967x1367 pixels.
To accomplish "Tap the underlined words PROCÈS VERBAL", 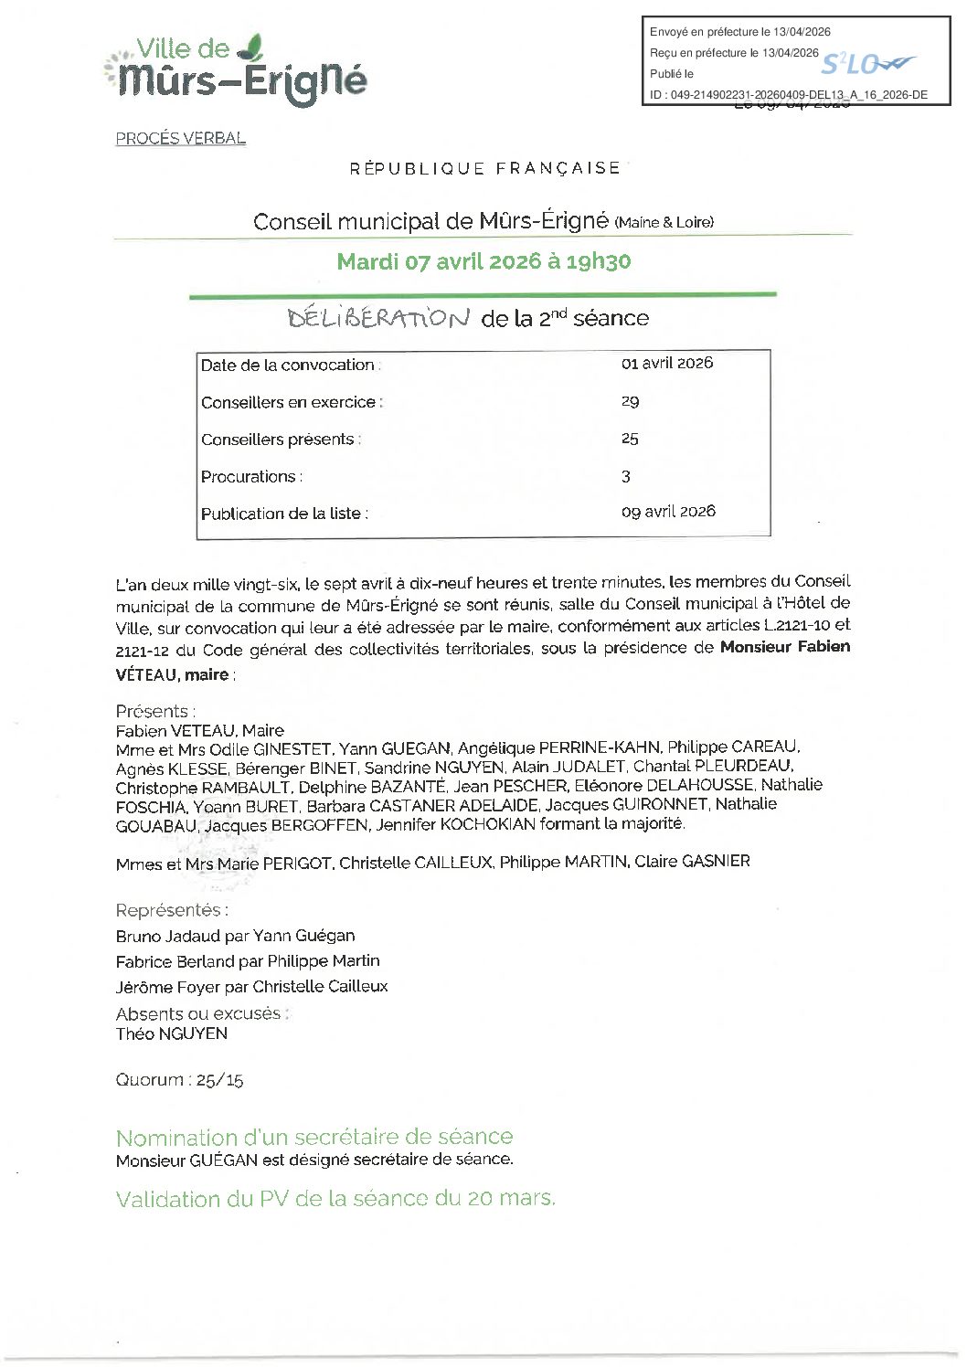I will pyautogui.click(x=180, y=139).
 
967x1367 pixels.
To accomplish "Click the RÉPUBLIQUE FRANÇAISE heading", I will pyautogui.click(x=484, y=168).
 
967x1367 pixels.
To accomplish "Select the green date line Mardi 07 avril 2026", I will pyautogui.click(x=483, y=261).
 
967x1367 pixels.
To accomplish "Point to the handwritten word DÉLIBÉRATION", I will pyautogui.click(x=378, y=318).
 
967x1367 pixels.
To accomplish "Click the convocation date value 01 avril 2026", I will pyautogui.click(x=666, y=364).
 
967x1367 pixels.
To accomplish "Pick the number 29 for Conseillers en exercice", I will pyautogui.click(x=630, y=401).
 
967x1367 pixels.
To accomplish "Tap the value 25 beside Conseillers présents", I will pyautogui.click(x=630, y=439).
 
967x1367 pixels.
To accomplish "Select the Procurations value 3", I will pyautogui.click(x=626, y=476).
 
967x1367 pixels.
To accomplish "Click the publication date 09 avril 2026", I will pyautogui.click(x=668, y=512).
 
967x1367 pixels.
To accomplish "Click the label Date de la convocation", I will pyautogui.click(x=290, y=366).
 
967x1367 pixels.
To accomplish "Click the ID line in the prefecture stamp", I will pyautogui.click(x=788, y=95).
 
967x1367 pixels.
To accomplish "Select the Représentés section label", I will pyautogui.click(x=172, y=910).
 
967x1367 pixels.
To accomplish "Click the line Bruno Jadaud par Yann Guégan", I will pyautogui.click(x=235, y=936).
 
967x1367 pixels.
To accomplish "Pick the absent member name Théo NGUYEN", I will pyautogui.click(x=172, y=1034).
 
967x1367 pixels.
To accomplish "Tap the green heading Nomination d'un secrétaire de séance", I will pyautogui.click(x=313, y=1137).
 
